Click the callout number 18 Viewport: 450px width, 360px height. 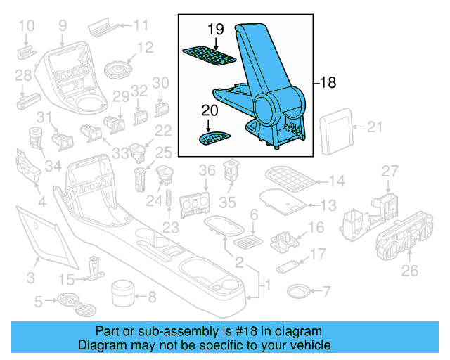(x=328, y=83)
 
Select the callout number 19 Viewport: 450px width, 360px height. (x=215, y=30)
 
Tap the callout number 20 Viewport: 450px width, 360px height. (x=210, y=110)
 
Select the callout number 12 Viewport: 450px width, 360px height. (x=145, y=48)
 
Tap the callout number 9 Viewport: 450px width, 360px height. (x=63, y=26)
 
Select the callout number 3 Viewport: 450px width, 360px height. (x=30, y=278)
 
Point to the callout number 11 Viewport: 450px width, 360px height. (x=141, y=26)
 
